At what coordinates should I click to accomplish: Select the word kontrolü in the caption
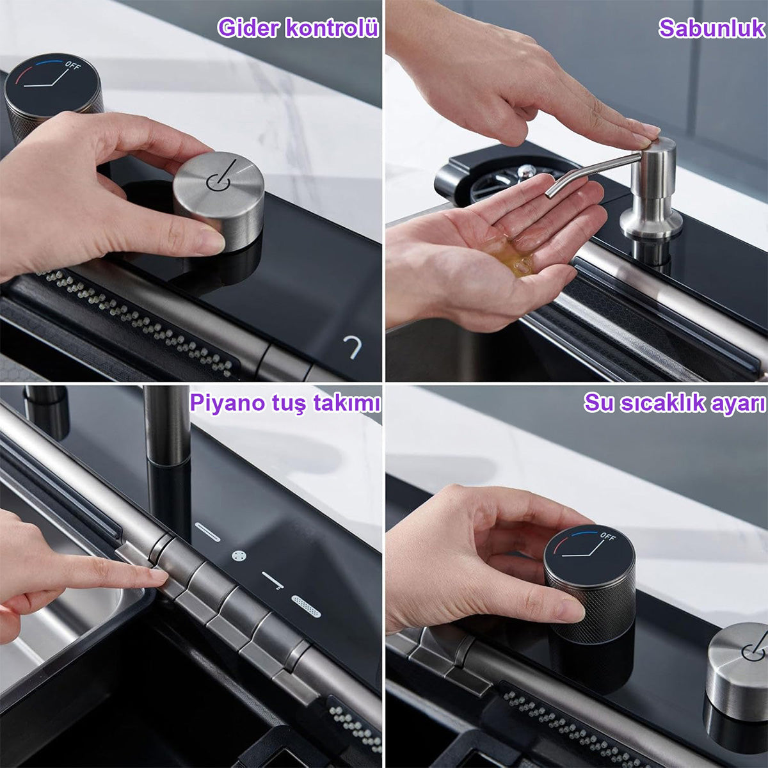click(x=332, y=28)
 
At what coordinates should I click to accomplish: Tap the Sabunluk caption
click(x=712, y=28)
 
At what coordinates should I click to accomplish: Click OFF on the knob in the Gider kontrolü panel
click(x=73, y=65)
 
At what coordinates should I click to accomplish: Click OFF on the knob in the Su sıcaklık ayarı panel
click(x=609, y=537)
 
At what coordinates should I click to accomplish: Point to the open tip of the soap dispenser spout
click(x=549, y=194)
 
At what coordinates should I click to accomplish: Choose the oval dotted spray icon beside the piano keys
click(x=306, y=606)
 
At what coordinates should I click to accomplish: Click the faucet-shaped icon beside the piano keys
click(x=273, y=580)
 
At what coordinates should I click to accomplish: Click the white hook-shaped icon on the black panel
click(x=353, y=347)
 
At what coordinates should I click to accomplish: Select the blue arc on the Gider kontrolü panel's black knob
click(x=48, y=62)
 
